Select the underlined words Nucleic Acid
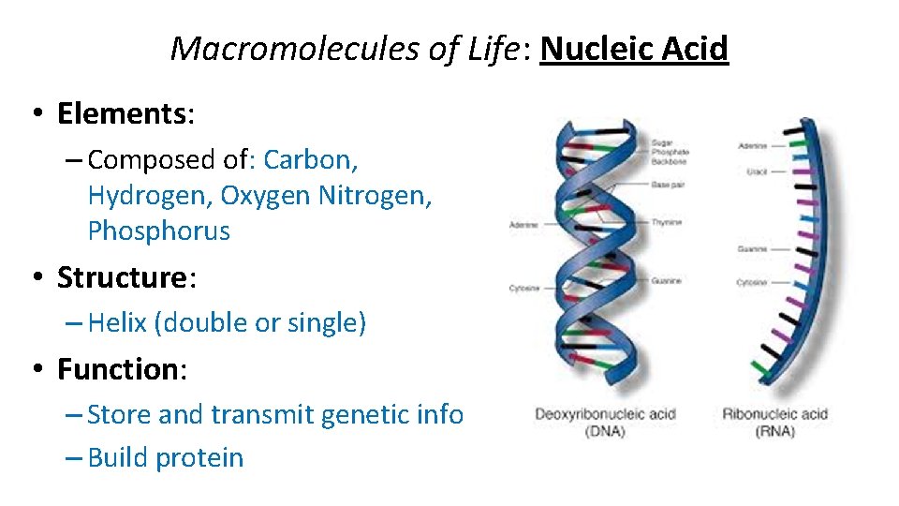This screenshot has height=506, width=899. pos(634,49)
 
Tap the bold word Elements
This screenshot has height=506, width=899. pos(122,113)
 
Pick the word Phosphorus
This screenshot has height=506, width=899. pos(158,231)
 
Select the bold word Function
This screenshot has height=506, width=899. pos(118,369)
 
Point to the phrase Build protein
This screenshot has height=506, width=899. pos(165,458)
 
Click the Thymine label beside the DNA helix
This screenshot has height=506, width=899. pos(667,222)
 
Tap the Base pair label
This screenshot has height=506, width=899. pos(668,185)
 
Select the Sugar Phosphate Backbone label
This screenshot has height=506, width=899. pos(670,152)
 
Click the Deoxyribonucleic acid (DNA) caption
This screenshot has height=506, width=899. pos(605,423)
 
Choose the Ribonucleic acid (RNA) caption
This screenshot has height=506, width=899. pos(774,423)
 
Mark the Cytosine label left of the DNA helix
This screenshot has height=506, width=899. pos(524,288)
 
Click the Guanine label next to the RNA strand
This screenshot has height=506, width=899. pos(752,249)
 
